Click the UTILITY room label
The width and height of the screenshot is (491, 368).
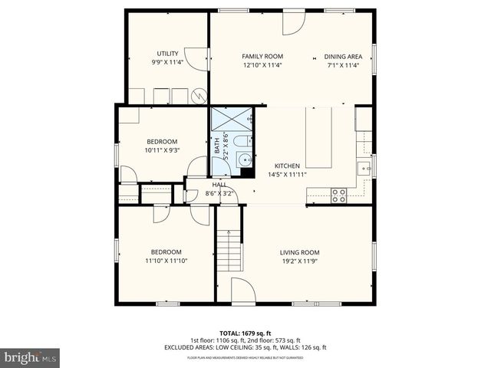tap(167, 54)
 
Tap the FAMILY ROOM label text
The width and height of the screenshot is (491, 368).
tap(262, 56)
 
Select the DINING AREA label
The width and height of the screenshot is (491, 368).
tap(343, 56)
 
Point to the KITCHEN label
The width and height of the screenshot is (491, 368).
tap(287, 166)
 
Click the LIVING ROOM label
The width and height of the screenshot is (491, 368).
tap(299, 252)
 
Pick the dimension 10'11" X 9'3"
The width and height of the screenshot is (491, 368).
tap(162, 150)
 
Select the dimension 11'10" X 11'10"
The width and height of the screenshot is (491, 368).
tap(166, 261)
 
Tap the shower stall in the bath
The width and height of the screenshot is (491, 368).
tap(232, 120)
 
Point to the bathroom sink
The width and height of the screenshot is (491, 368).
tap(244, 159)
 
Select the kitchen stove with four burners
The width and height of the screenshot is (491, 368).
tap(338, 195)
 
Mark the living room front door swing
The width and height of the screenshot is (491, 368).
tap(242, 290)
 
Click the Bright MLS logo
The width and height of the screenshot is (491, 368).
tap(31, 357)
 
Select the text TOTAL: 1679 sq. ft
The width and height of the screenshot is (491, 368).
tap(245, 333)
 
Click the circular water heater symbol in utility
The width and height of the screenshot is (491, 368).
tap(199, 96)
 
